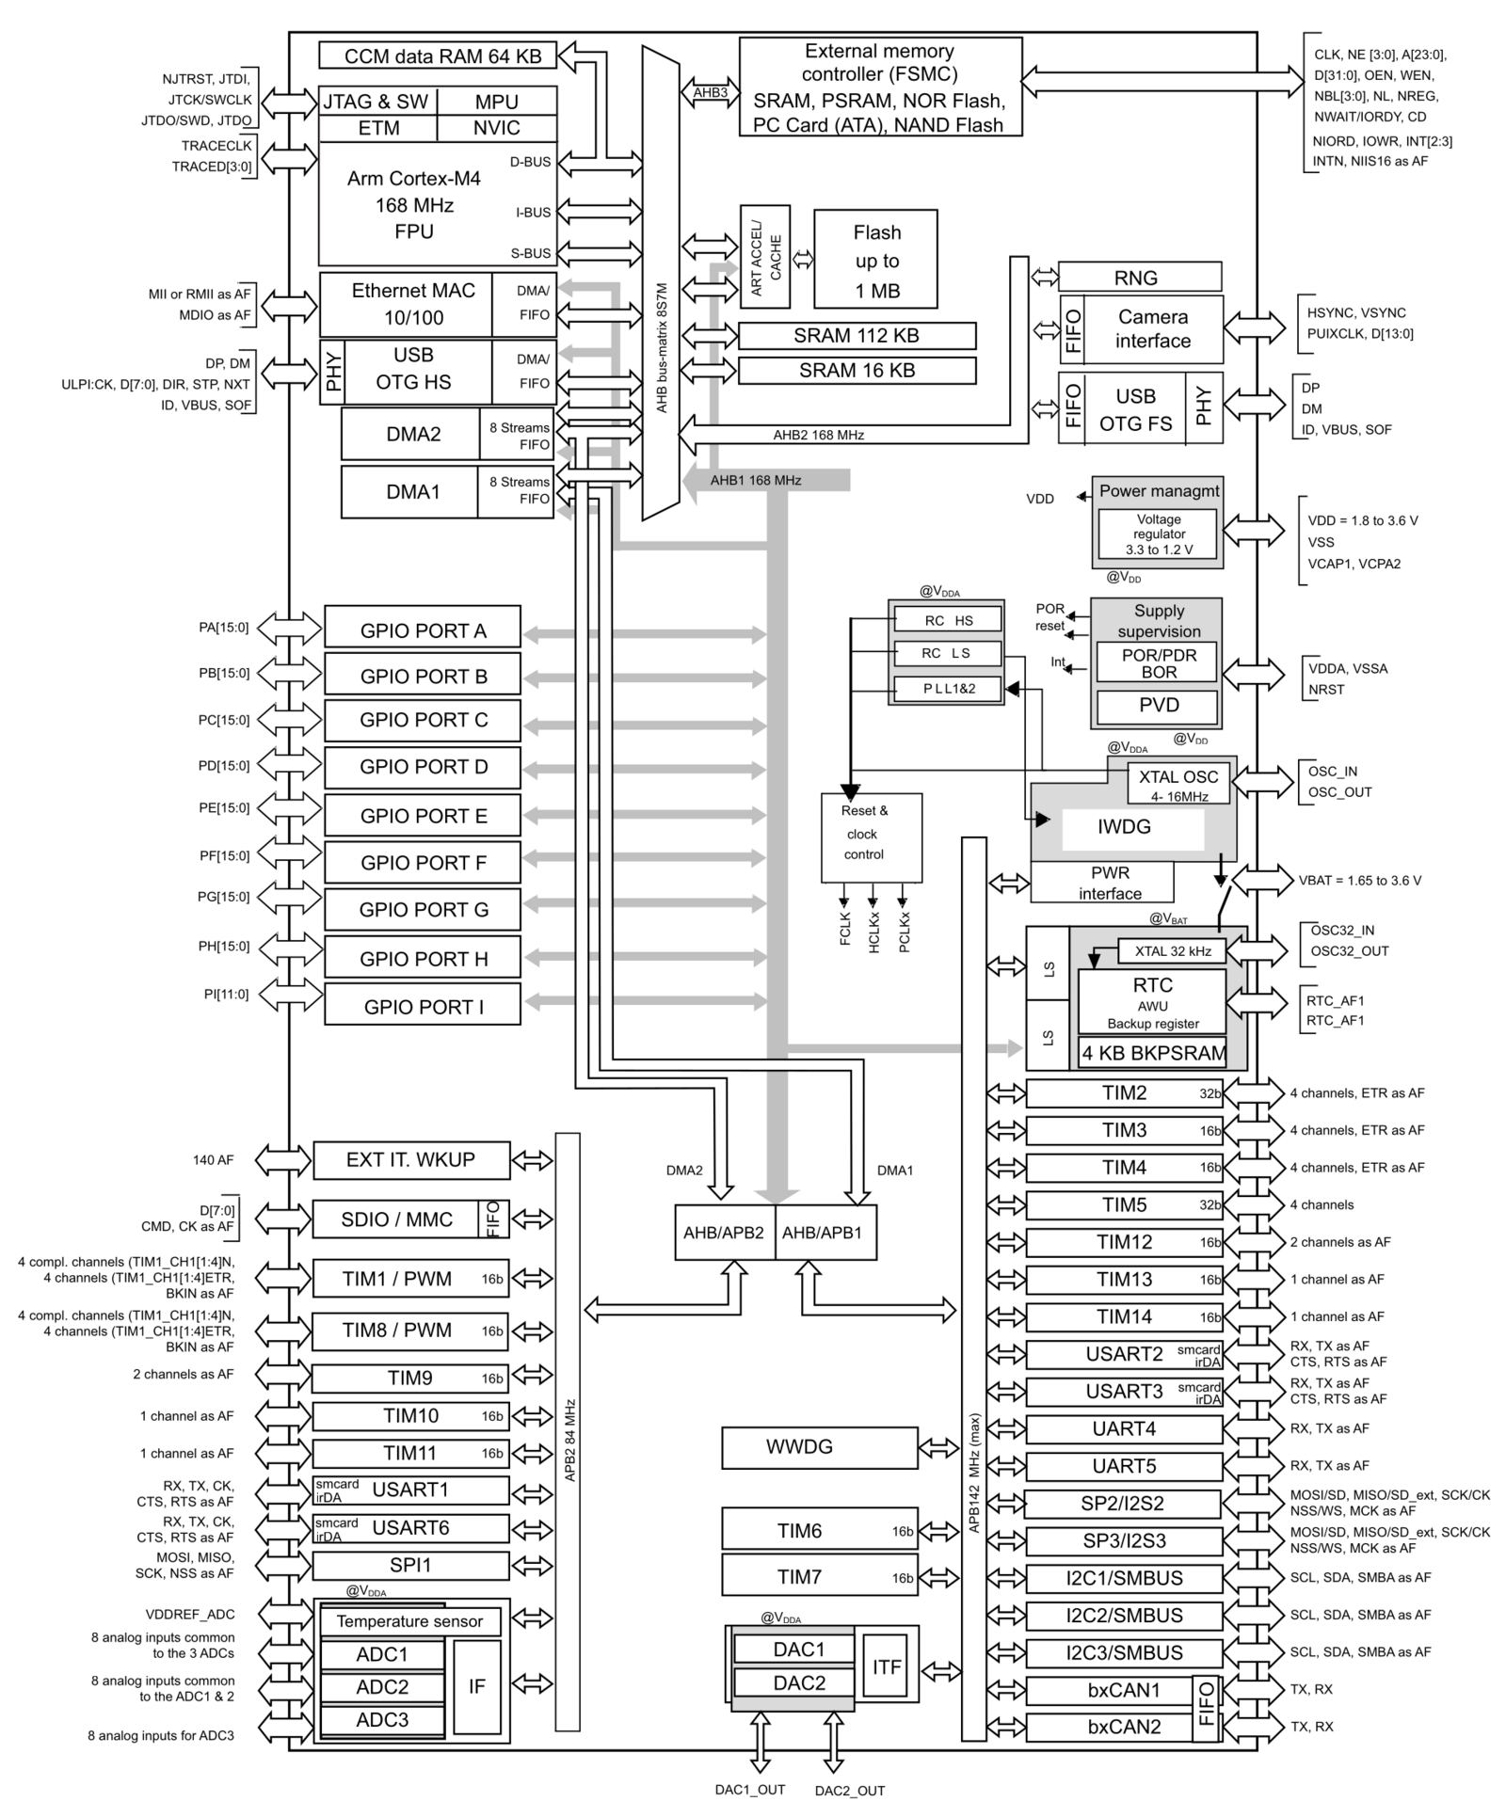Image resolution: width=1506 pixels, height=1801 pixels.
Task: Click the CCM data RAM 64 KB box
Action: coord(438,56)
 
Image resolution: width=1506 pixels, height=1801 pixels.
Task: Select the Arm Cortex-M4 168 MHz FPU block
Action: coord(414,204)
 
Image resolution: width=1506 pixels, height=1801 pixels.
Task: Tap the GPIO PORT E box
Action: coord(423,816)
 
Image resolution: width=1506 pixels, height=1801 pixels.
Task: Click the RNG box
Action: coord(1139,278)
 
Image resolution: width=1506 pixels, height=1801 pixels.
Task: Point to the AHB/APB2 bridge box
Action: coord(724,1232)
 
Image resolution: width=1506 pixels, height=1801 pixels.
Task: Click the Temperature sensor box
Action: coord(409,1620)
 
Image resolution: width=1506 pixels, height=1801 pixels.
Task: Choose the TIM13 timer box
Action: coord(1124,1279)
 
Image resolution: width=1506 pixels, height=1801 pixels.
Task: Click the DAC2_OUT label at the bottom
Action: coord(849,1791)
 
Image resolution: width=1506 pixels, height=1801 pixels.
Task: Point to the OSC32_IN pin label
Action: coord(1342,931)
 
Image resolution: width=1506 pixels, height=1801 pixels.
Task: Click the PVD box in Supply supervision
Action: coord(1158,706)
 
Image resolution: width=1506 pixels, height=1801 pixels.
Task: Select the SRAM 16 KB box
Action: coord(857,371)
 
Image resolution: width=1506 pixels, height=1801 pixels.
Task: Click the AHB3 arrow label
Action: coord(710,92)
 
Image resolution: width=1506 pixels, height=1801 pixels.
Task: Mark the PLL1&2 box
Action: coord(948,689)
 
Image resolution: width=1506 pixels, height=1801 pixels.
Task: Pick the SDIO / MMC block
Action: coord(396,1219)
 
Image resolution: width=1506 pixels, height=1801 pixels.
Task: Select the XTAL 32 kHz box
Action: coord(1172,950)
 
